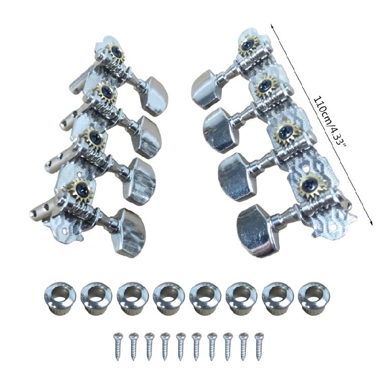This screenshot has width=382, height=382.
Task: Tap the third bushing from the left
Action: tap(131, 298)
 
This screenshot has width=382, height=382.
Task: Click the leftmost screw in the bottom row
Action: tap(118, 346)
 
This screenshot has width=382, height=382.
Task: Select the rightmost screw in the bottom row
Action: tap(259, 346)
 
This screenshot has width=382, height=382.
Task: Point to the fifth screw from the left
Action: tap(180, 346)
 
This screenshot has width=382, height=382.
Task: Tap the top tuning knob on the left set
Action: tap(156, 90)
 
